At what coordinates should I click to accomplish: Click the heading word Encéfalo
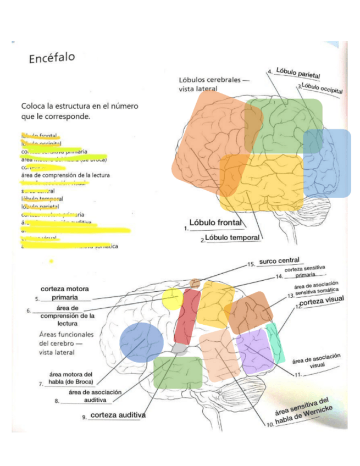click(52, 58)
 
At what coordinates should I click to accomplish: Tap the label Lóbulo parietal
click(298, 72)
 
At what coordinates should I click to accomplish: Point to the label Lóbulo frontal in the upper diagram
click(215, 223)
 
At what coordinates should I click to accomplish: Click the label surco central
click(279, 260)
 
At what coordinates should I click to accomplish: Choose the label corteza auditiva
click(118, 415)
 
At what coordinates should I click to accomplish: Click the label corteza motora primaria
click(65, 293)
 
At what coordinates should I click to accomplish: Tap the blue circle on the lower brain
click(141, 341)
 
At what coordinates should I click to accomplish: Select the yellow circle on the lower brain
click(172, 297)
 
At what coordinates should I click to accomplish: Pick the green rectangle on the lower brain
click(178, 372)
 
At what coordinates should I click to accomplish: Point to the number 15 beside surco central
click(251, 264)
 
